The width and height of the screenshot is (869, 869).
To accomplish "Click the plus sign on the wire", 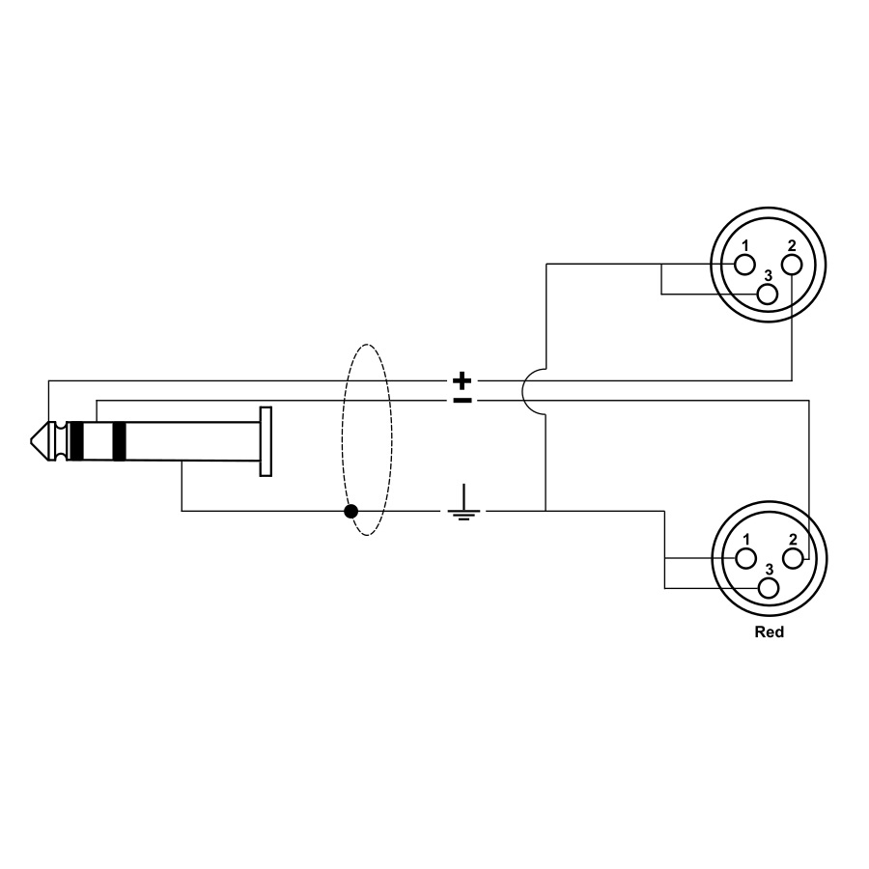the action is [x=463, y=380].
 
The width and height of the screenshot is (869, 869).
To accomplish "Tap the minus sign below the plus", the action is [x=463, y=400].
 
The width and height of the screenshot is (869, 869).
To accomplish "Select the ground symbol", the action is [x=463, y=503].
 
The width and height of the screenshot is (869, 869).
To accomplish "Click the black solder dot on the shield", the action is [x=350, y=511].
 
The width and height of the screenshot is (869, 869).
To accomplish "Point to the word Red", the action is [x=770, y=631].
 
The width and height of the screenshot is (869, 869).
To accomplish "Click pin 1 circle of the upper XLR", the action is [x=744, y=265].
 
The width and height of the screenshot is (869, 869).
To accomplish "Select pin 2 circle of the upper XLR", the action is [x=792, y=265].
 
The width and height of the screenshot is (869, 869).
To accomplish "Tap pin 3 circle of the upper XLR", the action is [x=768, y=294].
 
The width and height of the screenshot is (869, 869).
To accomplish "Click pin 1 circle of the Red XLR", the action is [x=746, y=559].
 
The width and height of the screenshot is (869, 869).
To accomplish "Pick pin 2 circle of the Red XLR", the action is [x=793, y=559].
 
